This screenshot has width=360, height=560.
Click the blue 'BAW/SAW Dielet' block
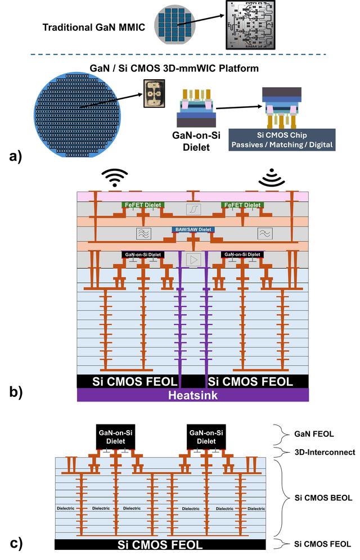[193, 230]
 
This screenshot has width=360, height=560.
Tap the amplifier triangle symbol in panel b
[193, 259]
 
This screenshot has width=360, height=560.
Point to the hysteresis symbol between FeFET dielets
[193, 209]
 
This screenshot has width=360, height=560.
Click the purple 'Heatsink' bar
[193, 395]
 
